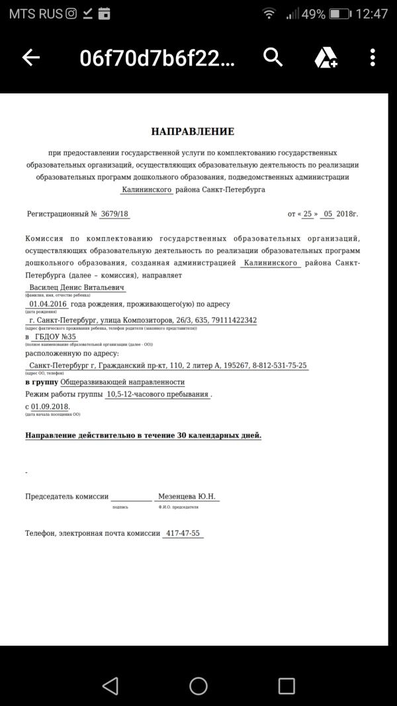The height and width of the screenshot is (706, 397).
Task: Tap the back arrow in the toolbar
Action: pos(31,58)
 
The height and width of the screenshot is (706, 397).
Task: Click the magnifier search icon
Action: pos(273,58)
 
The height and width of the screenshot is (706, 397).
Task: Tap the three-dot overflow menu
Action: pos(373,58)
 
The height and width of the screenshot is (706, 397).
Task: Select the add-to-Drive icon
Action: pos(326,58)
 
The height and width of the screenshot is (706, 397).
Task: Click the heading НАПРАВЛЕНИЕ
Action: pos(193,132)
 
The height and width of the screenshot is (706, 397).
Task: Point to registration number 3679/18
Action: pos(114,214)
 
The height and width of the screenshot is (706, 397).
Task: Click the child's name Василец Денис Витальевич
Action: pos(77,288)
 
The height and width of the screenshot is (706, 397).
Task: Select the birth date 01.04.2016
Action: pos(48,304)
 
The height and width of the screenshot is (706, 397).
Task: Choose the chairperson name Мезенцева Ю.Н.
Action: pos(187,497)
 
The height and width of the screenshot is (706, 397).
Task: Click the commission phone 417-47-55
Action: pos(183,533)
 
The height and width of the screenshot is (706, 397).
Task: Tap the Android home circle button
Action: pos(198,685)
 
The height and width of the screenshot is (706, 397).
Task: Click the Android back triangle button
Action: pos(110,685)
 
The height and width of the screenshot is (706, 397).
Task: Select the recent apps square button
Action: pos(287,685)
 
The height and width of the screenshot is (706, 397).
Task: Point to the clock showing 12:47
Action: pos(371,13)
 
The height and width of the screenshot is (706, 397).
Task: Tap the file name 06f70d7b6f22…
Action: pos(157,58)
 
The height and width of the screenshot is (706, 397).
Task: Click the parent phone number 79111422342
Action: pos(229,321)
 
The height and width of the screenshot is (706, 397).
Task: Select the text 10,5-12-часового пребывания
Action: pos(157,394)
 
